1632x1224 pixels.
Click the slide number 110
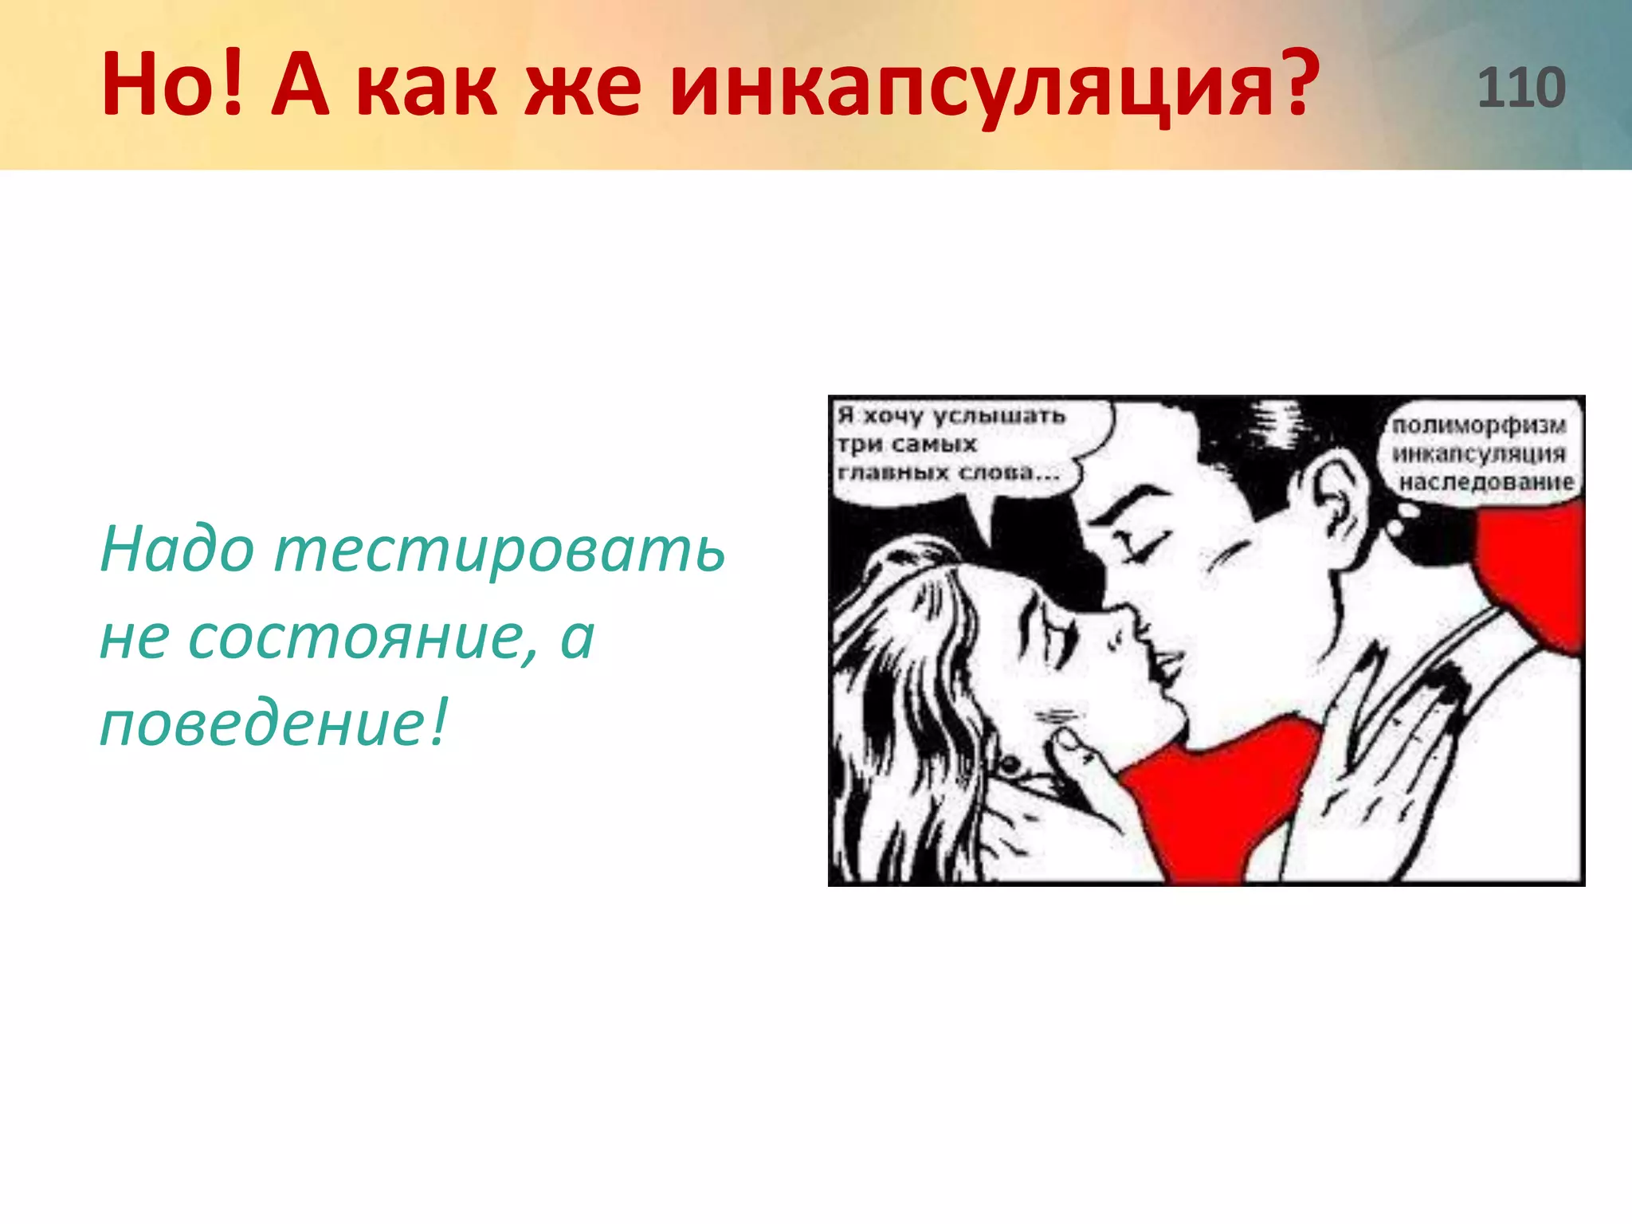1521,88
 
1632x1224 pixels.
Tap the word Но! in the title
172,84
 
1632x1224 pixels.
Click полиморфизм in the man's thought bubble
1479,426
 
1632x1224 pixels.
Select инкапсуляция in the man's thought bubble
1479,454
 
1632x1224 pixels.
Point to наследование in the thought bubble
1486,482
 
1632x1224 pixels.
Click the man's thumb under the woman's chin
1072,745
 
